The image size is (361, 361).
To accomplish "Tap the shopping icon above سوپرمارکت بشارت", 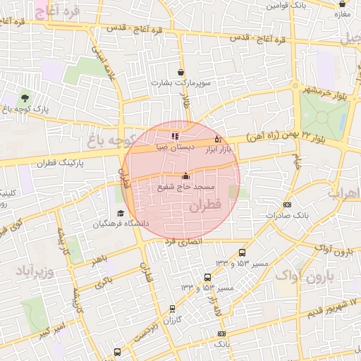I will (181, 72).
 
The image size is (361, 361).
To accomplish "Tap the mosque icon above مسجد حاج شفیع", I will (186, 176).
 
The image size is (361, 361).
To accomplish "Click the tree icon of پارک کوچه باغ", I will (25, 98).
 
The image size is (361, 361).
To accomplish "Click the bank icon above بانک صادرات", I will (286, 204).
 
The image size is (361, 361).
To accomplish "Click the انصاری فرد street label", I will (183, 241).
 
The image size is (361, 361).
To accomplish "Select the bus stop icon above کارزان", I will (173, 308).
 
